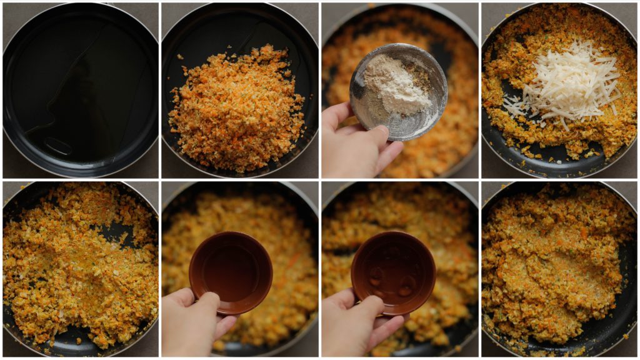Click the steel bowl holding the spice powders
coord(398,91)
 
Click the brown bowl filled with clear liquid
coord(231,272)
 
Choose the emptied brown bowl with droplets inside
coord(393,272)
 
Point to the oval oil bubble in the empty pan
coord(58,146)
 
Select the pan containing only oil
coord(80,89)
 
